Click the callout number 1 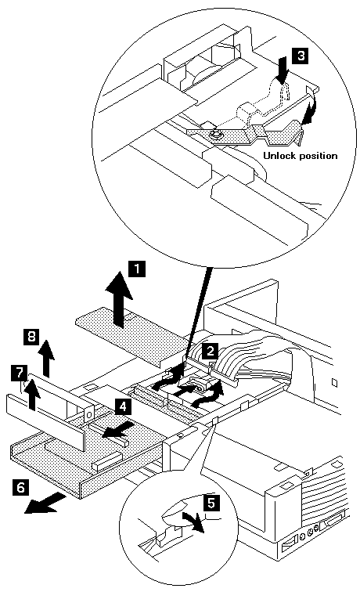tap(137, 270)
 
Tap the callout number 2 tap(210, 351)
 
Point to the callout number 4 tap(122, 407)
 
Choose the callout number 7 tap(20, 373)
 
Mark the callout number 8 tap(32, 336)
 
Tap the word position tap(318, 157)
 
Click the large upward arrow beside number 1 tap(119, 299)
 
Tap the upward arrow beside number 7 tap(33, 394)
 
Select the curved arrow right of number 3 tap(311, 110)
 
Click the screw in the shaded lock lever tap(214, 134)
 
